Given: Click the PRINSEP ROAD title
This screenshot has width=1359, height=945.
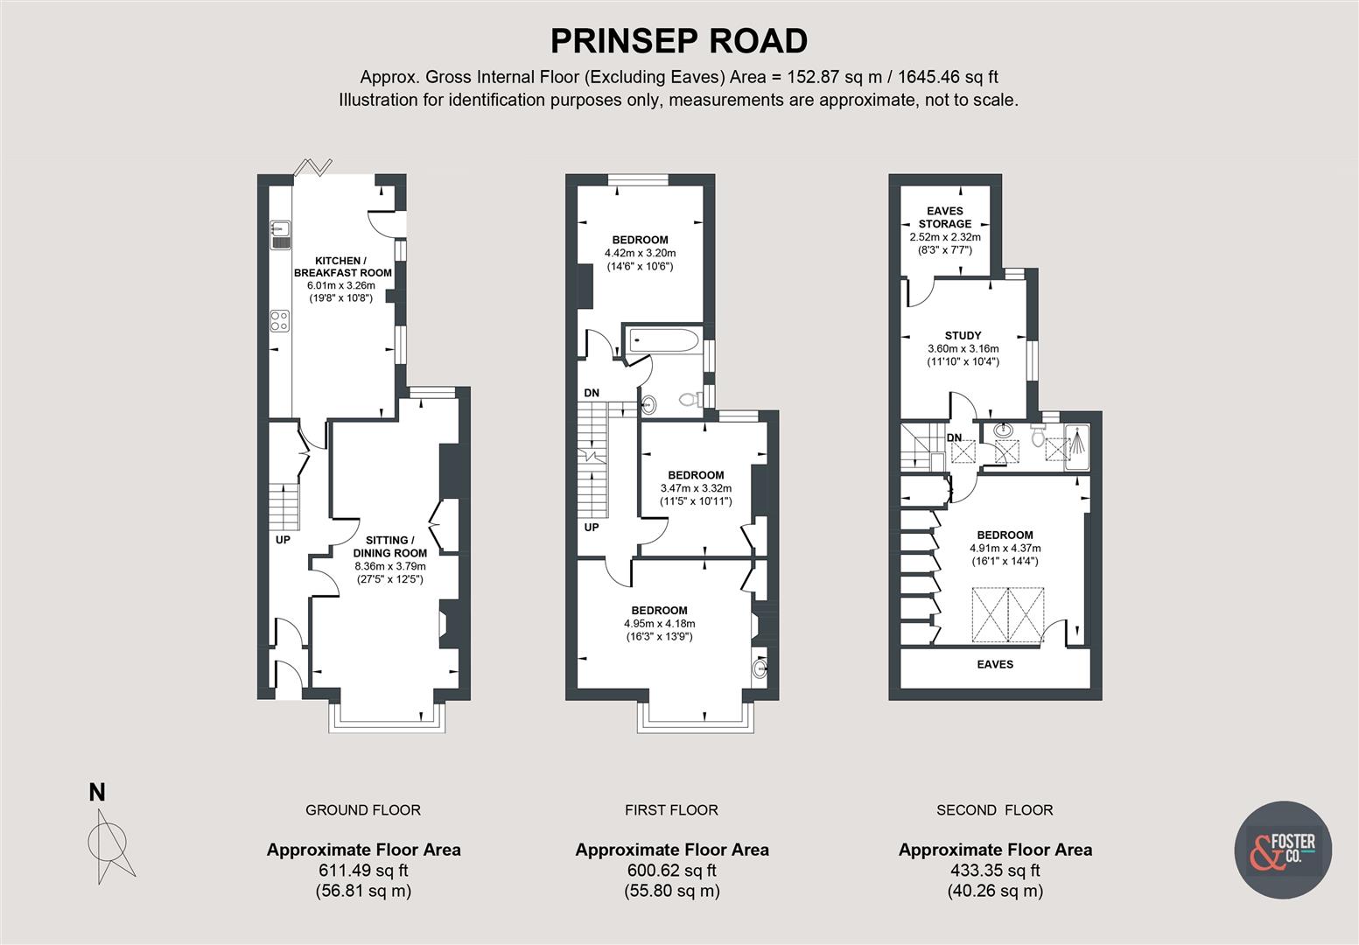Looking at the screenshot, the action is pyautogui.click(x=679, y=41).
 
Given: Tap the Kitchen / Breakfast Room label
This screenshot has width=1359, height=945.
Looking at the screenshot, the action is pyautogui.click(x=342, y=267).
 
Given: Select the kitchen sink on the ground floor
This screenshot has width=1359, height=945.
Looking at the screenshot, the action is pyautogui.click(x=280, y=234).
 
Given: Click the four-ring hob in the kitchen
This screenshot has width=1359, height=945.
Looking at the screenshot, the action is pyautogui.click(x=280, y=321).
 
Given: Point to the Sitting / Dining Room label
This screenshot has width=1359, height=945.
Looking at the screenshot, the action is pyautogui.click(x=389, y=547).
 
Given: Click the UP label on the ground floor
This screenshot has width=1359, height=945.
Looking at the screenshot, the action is pyautogui.click(x=283, y=540).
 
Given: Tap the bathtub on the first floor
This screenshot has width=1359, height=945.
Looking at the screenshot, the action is pyautogui.click(x=662, y=340).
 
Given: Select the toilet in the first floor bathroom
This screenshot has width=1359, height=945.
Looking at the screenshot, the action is pyautogui.click(x=690, y=400).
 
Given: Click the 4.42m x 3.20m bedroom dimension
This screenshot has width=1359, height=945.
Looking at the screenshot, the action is pyautogui.click(x=640, y=253).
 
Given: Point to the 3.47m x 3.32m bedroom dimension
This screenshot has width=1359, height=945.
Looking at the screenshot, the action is pyautogui.click(x=696, y=488).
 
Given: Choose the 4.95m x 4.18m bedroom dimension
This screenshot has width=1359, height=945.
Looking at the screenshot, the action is pyautogui.click(x=660, y=624).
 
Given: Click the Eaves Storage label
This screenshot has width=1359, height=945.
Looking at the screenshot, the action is pyautogui.click(x=944, y=217).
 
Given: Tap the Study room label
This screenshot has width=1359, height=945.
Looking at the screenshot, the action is pyautogui.click(x=963, y=335).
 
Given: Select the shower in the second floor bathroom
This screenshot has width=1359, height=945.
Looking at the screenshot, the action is pyautogui.click(x=1077, y=448).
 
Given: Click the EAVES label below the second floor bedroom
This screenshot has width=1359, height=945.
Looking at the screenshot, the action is pyautogui.click(x=995, y=664).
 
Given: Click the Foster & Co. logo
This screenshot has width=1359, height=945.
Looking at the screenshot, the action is pyautogui.click(x=1283, y=849).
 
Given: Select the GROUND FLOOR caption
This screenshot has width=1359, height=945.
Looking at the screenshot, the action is pyautogui.click(x=363, y=810).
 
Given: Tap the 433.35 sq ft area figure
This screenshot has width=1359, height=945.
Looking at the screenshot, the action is pyautogui.click(x=995, y=871).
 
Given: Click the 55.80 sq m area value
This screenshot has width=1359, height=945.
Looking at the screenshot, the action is pyautogui.click(x=671, y=891).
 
